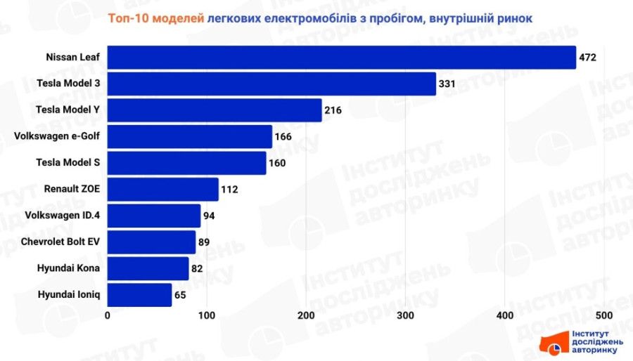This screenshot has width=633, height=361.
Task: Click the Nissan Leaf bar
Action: click(342, 58)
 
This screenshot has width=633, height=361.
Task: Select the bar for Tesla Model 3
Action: click(271, 84)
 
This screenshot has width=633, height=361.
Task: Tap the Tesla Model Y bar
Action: click(215, 110)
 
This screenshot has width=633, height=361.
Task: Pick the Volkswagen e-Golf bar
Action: click(190, 136)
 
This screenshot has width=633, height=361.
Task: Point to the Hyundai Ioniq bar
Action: click(139, 295)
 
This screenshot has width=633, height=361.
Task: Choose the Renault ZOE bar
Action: click(163, 190)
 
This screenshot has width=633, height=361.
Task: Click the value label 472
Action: click(588, 58)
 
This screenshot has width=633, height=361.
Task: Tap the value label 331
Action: click(448, 84)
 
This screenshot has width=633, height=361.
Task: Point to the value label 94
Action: click(209, 216)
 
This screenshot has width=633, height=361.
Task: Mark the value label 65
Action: click(180, 295)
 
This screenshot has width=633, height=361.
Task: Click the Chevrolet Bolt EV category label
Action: click(60, 242)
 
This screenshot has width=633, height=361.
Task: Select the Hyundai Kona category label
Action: click(69, 268)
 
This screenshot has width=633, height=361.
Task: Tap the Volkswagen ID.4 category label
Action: click(62, 216)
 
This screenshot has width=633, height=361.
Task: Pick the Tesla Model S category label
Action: click(68, 163)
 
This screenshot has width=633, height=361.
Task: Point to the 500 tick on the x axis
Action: click(604, 315)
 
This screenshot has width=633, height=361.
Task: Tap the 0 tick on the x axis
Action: click(108, 315)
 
